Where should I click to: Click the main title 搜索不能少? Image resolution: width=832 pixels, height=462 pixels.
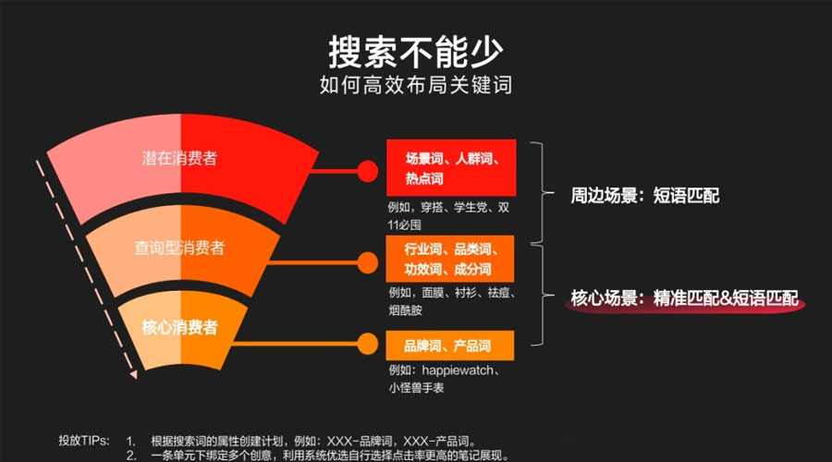pyautogui.click(x=415, y=52)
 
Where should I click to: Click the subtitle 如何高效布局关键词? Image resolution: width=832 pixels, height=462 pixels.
pyautogui.click(x=415, y=85)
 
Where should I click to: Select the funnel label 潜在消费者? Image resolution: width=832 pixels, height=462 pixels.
pyautogui.click(x=179, y=158)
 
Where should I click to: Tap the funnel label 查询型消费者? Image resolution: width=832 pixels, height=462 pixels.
pyautogui.click(x=179, y=248)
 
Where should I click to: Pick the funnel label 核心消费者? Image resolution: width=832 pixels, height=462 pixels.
pyautogui.click(x=179, y=327)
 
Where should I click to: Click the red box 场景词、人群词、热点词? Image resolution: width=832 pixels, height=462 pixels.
pyautogui.click(x=451, y=167)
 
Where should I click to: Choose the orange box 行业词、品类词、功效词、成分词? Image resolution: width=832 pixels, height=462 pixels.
pyautogui.click(x=450, y=259)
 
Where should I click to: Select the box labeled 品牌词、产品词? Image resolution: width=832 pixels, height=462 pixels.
pyautogui.click(x=450, y=346)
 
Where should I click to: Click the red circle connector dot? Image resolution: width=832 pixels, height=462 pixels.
pyautogui.click(x=367, y=171)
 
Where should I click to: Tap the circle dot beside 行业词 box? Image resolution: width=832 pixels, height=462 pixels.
pyautogui.click(x=367, y=262)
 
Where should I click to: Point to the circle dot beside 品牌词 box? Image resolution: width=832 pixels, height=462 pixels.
pyautogui.click(x=367, y=344)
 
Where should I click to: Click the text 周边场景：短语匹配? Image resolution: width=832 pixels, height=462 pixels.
pyautogui.click(x=644, y=195)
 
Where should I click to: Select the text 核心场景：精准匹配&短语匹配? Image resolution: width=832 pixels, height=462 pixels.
pyautogui.click(x=684, y=298)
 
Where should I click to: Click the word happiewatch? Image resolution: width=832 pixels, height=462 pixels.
pyautogui.click(x=458, y=371)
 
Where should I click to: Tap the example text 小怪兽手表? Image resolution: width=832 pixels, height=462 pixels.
pyautogui.click(x=416, y=388)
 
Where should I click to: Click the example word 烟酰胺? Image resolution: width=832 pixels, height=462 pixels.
pyautogui.click(x=405, y=310)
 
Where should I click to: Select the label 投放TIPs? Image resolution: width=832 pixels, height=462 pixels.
pyautogui.click(x=84, y=440)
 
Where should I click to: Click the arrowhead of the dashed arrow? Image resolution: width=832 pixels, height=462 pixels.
pyautogui.click(x=134, y=374)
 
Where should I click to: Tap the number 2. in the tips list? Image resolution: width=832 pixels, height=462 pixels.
pyautogui.click(x=131, y=456)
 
